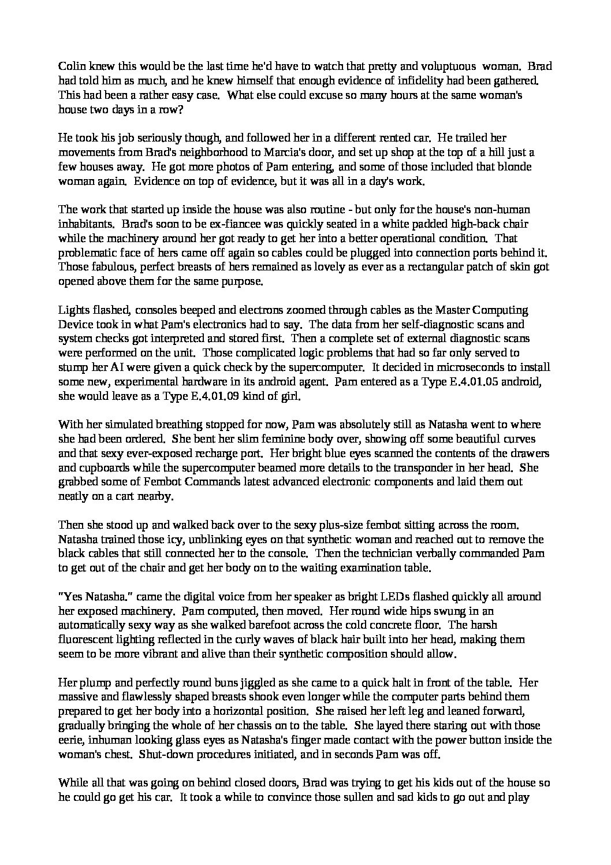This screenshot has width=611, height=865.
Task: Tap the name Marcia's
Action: click(x=269, y=153)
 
